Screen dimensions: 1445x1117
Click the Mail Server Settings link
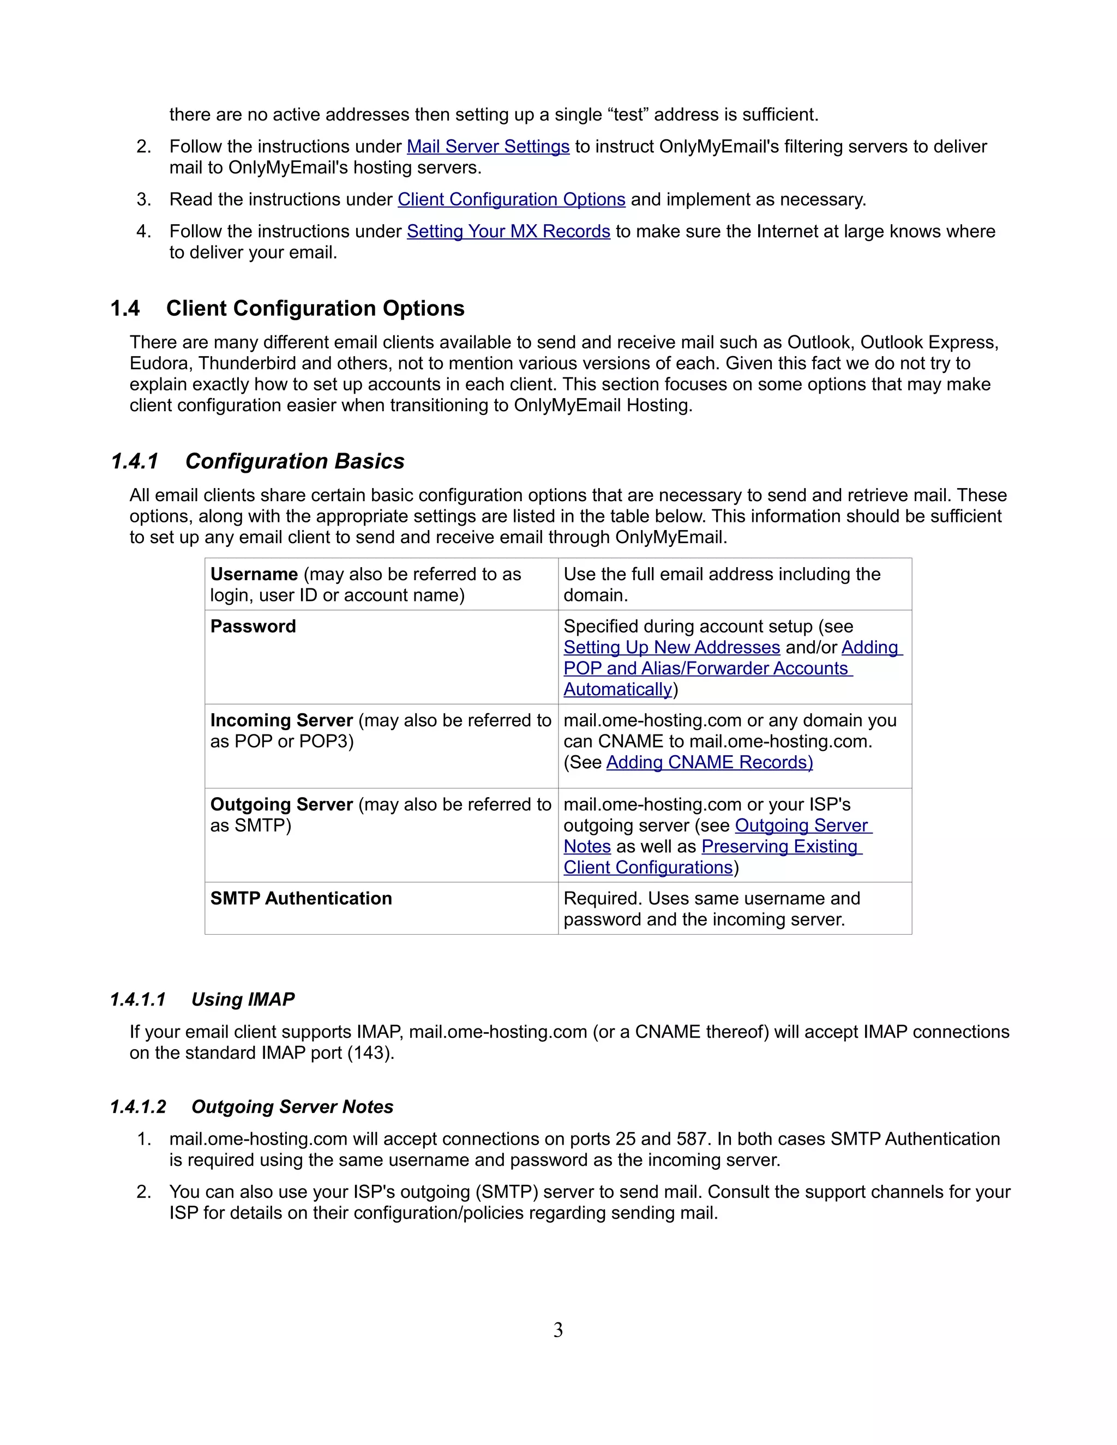(488, 146)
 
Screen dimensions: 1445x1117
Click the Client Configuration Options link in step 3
(511, 199)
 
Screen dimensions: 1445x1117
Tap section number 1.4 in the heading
(125, 308)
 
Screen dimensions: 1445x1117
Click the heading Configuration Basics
(295, 461)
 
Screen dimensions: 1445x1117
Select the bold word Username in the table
(254, 574)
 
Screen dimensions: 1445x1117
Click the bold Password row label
(253, 627)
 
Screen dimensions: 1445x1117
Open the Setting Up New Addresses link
(671, 647)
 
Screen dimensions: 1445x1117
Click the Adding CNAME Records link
(710, 762)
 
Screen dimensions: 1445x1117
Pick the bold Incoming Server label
(281, 720)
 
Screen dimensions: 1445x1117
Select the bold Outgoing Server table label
(281, 804)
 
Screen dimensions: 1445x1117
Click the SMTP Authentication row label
(301, 899)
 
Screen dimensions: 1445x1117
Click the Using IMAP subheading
(243, 1000)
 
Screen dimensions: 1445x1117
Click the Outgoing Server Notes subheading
(292, 1107)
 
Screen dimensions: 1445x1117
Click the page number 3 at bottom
(558, 1330)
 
